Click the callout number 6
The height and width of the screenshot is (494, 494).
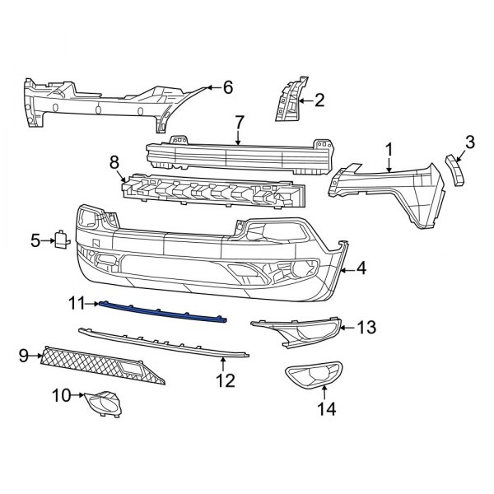[228, 87]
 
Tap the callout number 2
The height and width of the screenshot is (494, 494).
[319, 101]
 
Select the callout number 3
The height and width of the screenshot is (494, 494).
[470, 142]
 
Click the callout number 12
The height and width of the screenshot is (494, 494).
[225, 380]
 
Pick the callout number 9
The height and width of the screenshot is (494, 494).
[23, 356]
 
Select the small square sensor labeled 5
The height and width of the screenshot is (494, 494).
[62, 240]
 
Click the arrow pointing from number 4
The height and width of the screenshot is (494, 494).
[348, 269]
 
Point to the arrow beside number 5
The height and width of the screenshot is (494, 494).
[47, 240]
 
